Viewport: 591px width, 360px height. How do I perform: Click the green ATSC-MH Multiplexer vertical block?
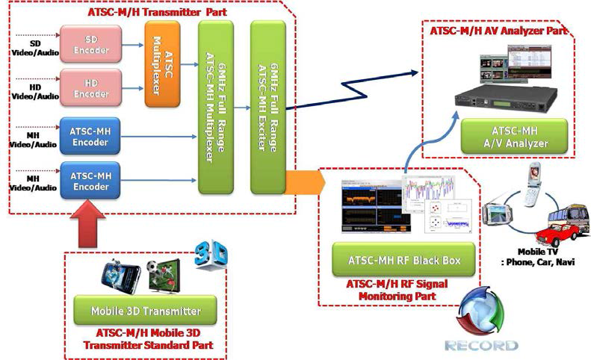click(x=215, y=107)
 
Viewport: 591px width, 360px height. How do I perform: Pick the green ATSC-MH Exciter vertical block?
click(x=268, y=107)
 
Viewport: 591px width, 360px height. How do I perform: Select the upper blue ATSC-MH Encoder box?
click(x=90, y=136)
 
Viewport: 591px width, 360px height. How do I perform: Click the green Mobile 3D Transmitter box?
click(x=145, y=310)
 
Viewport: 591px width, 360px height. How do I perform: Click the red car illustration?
click(x=556, y=234)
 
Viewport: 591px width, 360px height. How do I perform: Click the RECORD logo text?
click(x=481, y=346)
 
